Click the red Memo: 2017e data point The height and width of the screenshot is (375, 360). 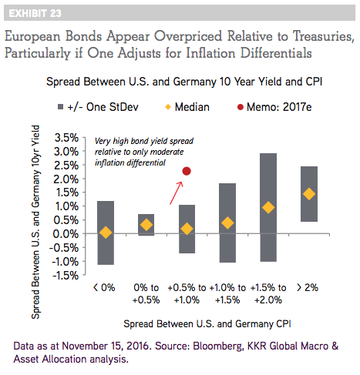[187, 171]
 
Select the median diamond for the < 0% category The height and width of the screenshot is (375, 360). [106, 233]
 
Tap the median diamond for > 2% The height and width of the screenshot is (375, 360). [309, 194]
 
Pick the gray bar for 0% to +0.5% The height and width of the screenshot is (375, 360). [146, 225]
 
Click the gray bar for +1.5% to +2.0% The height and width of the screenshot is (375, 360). [268, 207]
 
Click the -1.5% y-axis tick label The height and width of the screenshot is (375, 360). [66, 276]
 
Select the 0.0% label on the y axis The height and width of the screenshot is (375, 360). [66, 234]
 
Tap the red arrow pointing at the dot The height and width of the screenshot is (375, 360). [177, 193]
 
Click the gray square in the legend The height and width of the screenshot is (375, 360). [60, 107]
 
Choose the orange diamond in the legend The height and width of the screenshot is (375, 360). [168, 107]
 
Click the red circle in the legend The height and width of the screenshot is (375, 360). [241, 107]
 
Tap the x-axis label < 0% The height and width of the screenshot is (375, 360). [104, 288]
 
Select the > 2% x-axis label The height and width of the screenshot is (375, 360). [308, 288]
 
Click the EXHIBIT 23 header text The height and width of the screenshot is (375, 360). [35, 13]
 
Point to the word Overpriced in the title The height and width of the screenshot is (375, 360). [188, 36]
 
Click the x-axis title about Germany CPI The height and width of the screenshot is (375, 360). [207, 324]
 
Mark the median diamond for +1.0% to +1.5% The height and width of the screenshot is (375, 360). [227, 223]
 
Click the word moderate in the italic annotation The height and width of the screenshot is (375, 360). [167, 152]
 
